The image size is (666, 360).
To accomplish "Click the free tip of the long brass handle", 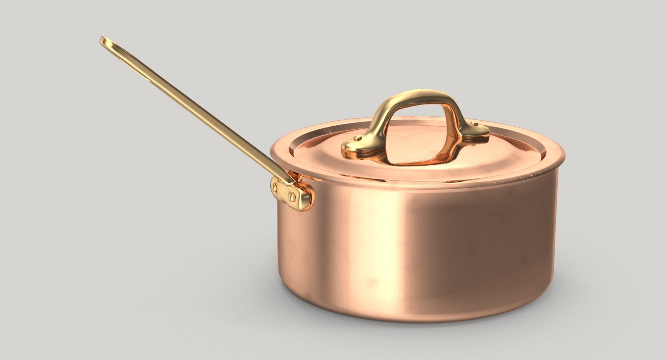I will tap(103, 41).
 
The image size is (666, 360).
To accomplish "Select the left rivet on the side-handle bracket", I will tap(275, 188).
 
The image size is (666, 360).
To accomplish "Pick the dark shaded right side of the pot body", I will tap(513, 243).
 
